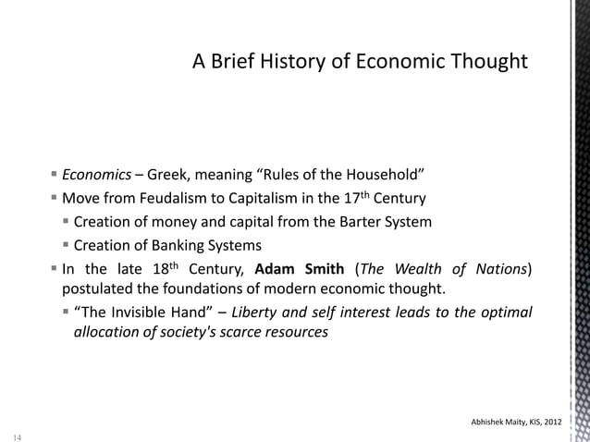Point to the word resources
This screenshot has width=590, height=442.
[x=294, y=334]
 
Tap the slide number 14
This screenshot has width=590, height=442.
[x=17, y=434]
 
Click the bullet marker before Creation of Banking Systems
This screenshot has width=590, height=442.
[x=68, y=245]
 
